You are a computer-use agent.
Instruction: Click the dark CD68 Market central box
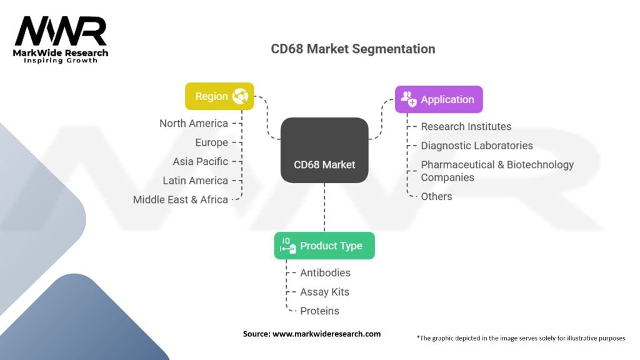[324, 151]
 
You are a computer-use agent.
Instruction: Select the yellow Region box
[219, 96]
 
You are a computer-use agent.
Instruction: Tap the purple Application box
[439, 99]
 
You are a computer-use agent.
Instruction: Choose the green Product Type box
[324, 246]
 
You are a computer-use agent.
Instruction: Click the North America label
[193, 123]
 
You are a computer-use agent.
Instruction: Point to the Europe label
[211, 142]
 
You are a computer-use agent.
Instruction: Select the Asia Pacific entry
[200, 161]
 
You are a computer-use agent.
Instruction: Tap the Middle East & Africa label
[180, 200]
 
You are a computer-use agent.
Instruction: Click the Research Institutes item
[466, 126]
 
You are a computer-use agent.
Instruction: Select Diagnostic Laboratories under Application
[476, 146]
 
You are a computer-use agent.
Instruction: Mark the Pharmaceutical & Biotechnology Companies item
[496, 171]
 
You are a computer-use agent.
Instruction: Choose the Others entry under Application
[436, 196]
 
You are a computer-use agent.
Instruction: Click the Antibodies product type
[325, 272]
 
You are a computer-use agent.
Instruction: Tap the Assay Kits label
[324, 292]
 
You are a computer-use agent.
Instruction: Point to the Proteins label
[319, 311]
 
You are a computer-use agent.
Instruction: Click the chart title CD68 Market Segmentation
[352, 49]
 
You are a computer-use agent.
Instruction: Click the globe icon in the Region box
[240, 96]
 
